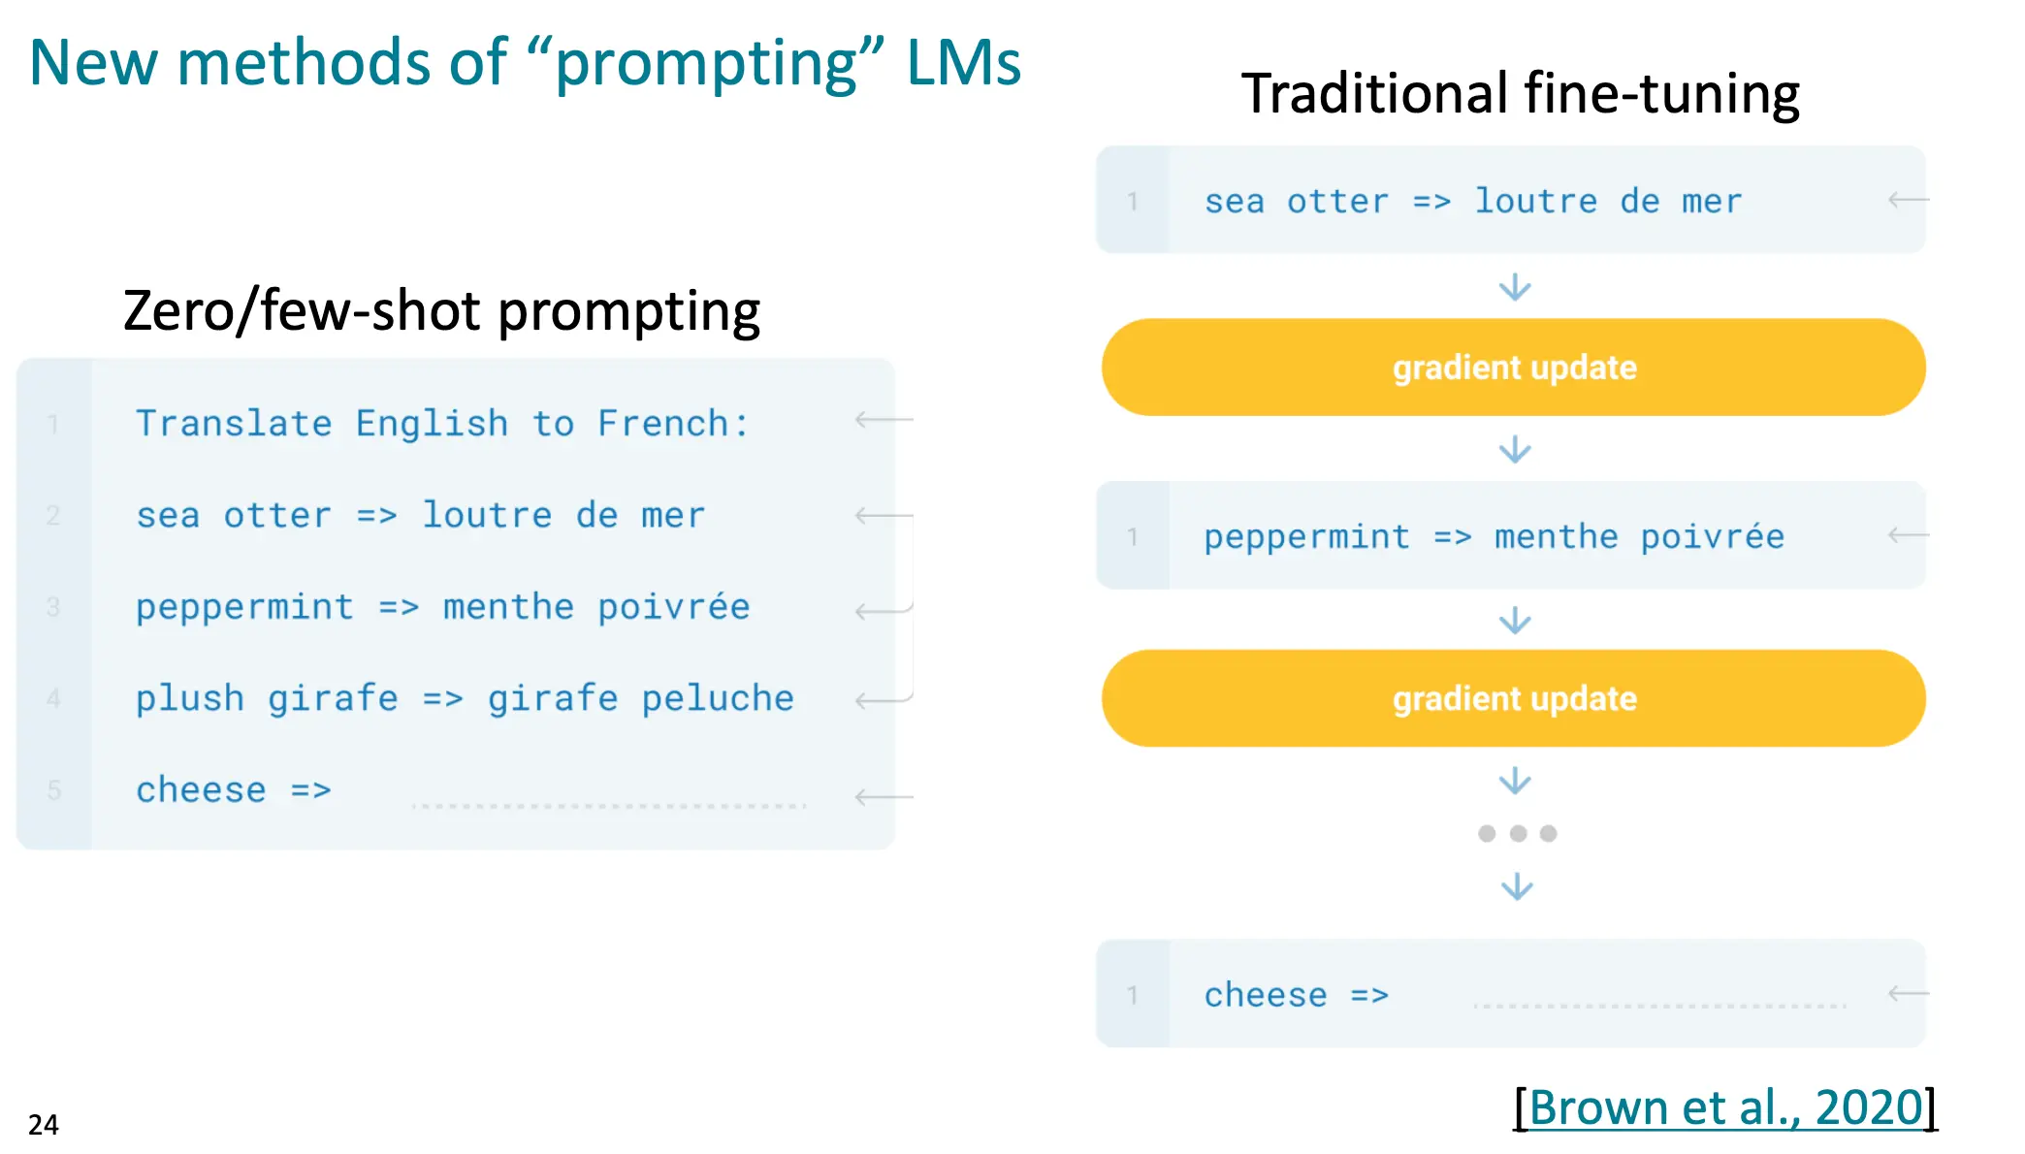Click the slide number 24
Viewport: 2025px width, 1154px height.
[x=44, y=1124]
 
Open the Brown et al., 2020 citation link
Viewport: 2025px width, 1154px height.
[x=1725, y=1106]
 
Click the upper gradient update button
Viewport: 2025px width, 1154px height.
[x=1513, y=368]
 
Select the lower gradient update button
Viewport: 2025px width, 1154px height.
[x=1513, y=698]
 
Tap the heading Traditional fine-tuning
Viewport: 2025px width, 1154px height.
[x=1520, y=93]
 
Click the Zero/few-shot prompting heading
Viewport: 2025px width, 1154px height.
[x=441, y=311]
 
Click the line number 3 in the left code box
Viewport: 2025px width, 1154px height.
[x=53, y=607]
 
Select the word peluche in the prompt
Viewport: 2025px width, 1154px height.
[x=718, y=698]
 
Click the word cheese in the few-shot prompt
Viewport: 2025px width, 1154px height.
[x=201, y=789]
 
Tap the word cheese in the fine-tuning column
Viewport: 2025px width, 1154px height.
[x=1266, y=995]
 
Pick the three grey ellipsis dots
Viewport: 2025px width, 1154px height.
[x=1518, y=833]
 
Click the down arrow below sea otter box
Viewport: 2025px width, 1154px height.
[x=1515, y=287]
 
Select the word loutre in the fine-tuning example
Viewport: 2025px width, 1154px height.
[x=1536, y=201]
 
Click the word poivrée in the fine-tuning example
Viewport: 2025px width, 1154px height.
[x=1713, y=536]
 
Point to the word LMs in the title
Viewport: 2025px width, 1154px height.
[x=963, y=63]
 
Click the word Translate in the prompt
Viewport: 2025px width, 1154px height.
[x=234, y=423]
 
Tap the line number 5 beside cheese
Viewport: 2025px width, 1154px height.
[x=54, y=790]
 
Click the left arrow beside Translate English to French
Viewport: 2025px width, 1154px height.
[x=884, y=420]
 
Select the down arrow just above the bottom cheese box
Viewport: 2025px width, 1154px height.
[x=1517, y=887]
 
